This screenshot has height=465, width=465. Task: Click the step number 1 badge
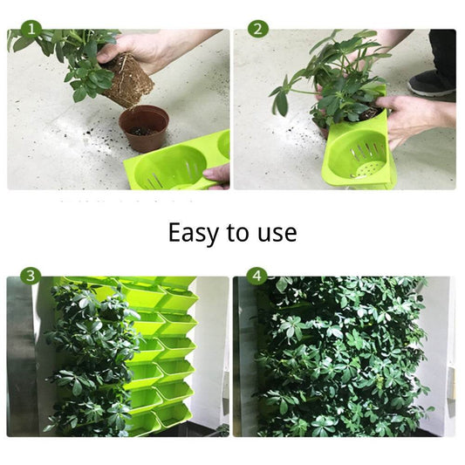[31, 30]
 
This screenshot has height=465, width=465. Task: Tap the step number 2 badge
[258, 30]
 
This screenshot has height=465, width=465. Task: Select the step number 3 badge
[31, 276]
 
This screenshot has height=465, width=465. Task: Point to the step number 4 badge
[257, 276]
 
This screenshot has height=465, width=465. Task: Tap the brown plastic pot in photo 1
[144, 128]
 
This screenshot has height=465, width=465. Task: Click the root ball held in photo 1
[128, 79]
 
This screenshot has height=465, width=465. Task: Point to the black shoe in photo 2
[432, 82]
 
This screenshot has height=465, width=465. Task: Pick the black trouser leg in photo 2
[442, 51]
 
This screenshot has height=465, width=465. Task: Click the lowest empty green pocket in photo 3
[171, 414]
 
